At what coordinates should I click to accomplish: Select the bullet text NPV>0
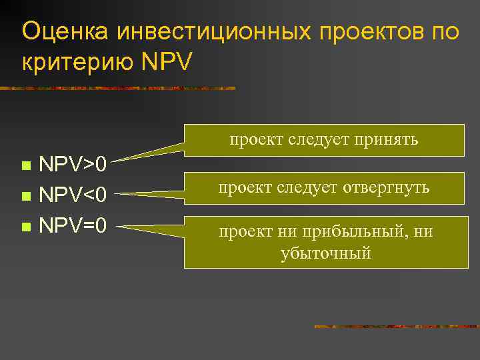(73, 164)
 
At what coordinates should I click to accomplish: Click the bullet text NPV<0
(73, 195)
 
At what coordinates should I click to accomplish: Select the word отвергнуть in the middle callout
(387, 188)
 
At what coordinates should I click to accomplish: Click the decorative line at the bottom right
(396, 327)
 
